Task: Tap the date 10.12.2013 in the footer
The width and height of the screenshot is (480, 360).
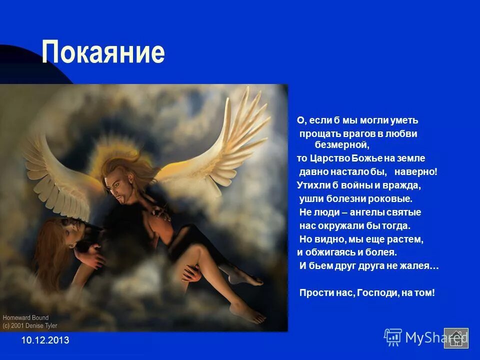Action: click(x=45, y=340)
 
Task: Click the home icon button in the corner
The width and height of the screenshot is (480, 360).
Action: click(x=456, y=338)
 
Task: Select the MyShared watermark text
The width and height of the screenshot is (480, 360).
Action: click(x=427, y=338)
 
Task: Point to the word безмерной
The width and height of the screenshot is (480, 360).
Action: click(x=341, y=145)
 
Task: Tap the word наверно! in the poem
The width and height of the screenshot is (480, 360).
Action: click(x=415, y=172)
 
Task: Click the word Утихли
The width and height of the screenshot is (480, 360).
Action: click(x=312, y=185)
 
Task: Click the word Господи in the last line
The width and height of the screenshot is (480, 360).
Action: click(x=377, y=292)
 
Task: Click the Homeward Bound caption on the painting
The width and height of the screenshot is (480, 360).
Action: click(x=25, y=317)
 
